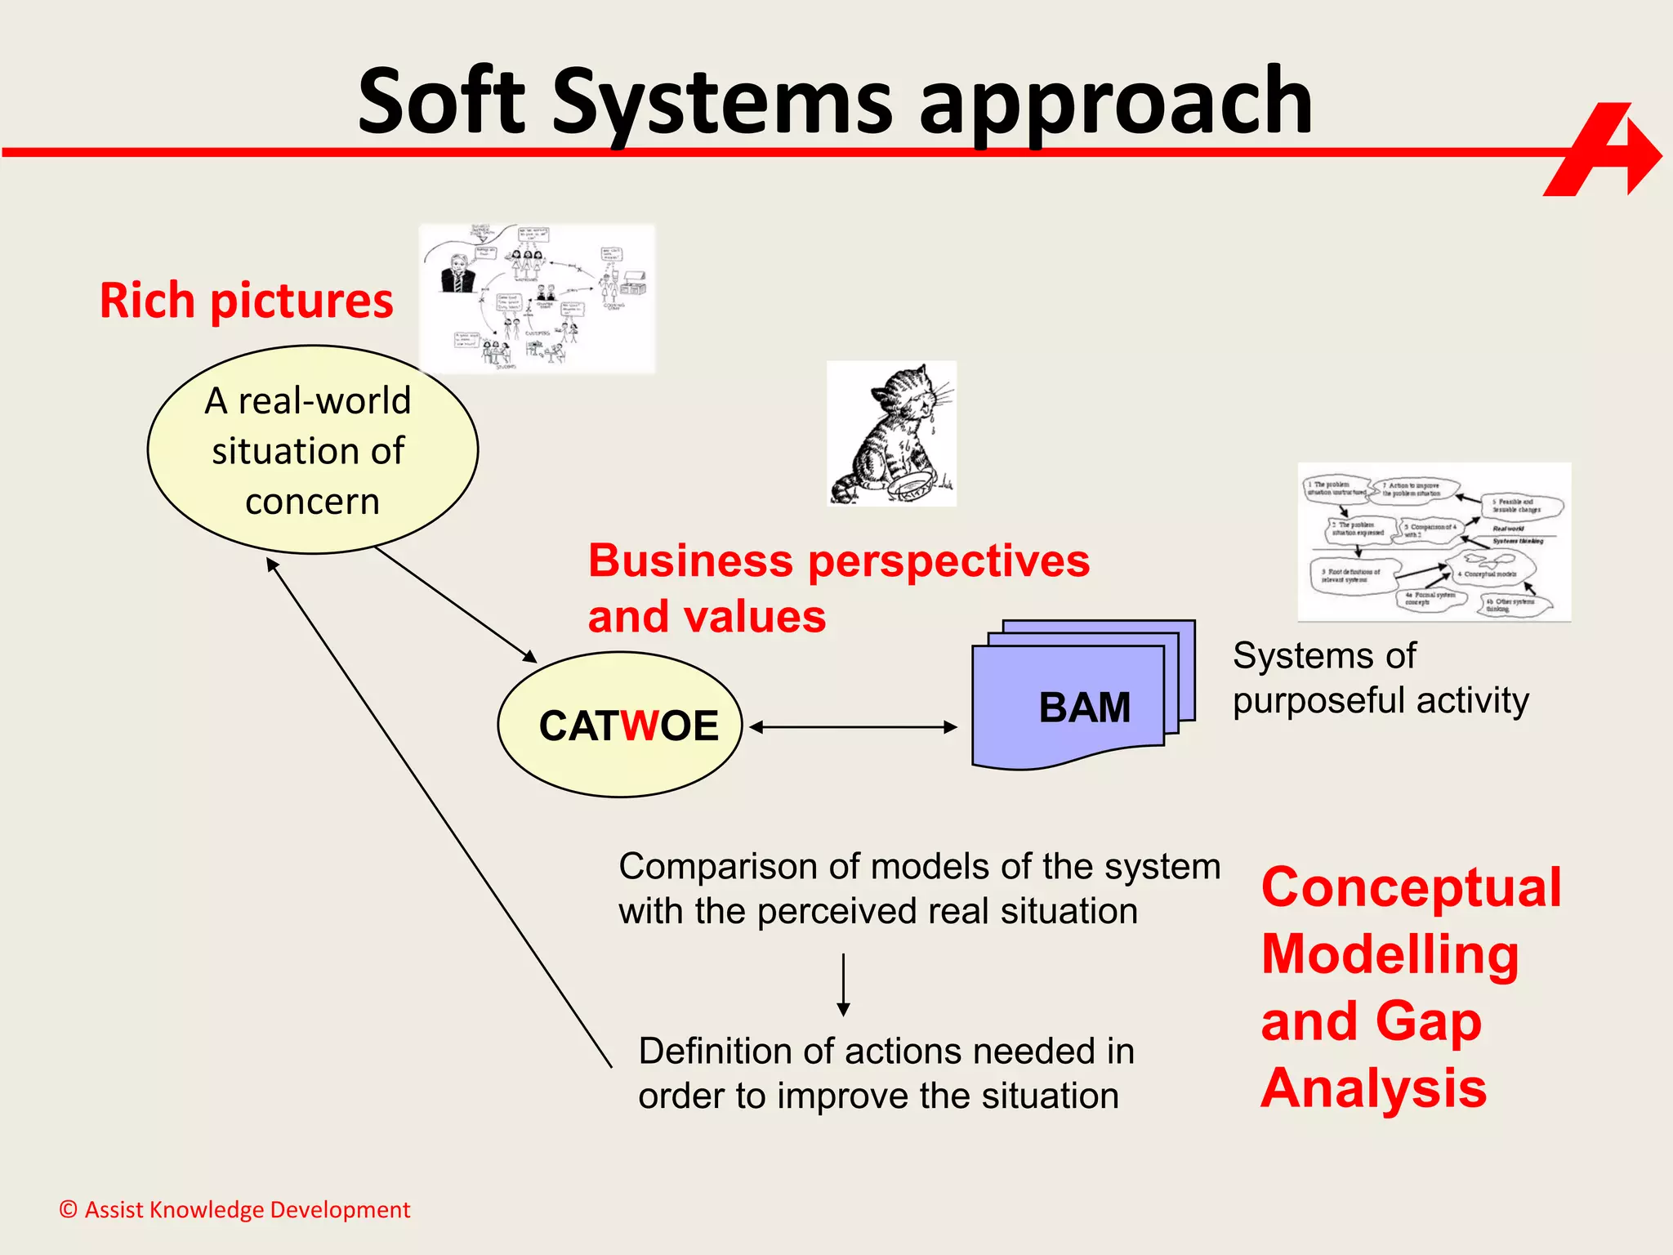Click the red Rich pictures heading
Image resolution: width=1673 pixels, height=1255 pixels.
[246, 301]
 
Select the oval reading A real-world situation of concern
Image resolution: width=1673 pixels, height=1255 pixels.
[312, 450]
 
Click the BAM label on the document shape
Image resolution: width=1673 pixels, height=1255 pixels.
[1084, 707]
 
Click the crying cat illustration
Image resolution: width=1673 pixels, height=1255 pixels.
[891, 433]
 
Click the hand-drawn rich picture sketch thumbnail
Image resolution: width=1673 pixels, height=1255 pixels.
[537, 299]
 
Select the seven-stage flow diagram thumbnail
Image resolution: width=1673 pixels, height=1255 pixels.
[1434, 542]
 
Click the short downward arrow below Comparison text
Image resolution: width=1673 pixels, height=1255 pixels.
[843, 985]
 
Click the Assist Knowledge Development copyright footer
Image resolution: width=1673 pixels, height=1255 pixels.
[234, 1209]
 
